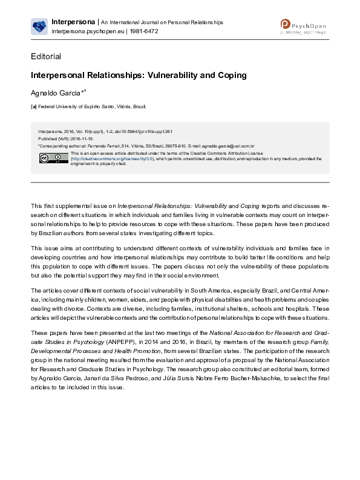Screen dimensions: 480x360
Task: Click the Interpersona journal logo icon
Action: (39, 26)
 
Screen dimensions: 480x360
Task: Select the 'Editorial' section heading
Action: (46, 57)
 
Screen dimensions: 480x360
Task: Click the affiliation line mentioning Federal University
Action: (91, 106)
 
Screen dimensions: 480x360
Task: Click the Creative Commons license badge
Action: (46, 158)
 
